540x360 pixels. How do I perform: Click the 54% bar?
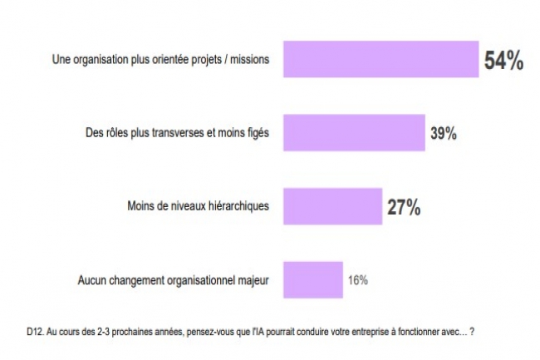[381, 60]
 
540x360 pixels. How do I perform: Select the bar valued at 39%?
[355, 133]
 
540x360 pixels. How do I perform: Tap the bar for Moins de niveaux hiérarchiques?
[332, 206]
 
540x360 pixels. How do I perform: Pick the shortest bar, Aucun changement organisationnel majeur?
[313, 279]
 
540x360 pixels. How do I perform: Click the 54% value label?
[503, 61]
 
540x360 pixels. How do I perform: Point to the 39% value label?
[444, 134]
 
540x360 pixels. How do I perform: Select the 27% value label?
[404, 207]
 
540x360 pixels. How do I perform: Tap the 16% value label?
[357, 280]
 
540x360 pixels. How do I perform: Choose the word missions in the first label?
[250, 61]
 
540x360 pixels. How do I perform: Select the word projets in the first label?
[204, 61]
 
